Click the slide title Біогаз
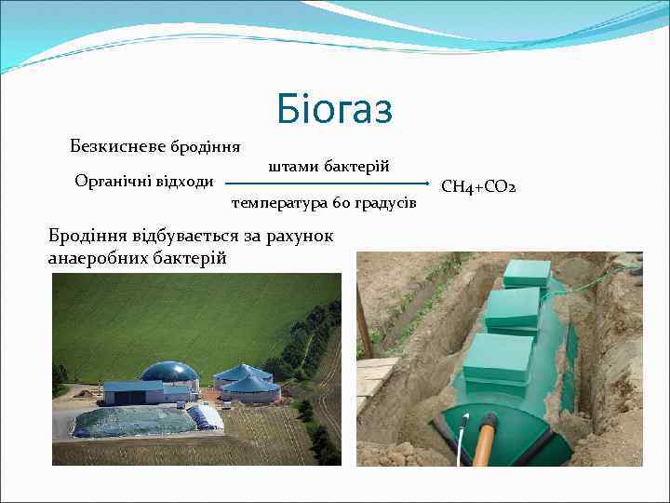click(335, 110)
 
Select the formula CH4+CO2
click(477, 188)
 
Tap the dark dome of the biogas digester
click(168, 372)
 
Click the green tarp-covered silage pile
click(135, 422)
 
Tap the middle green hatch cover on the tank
click(513, 307)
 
